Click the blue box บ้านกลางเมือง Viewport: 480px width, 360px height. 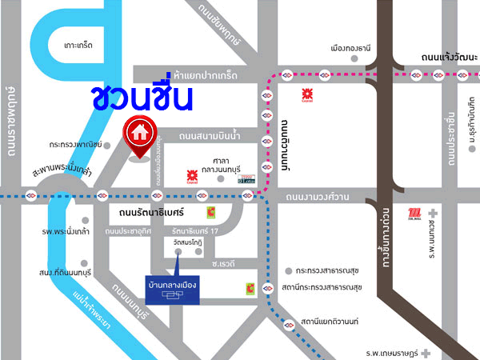click(x=172, y=289)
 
